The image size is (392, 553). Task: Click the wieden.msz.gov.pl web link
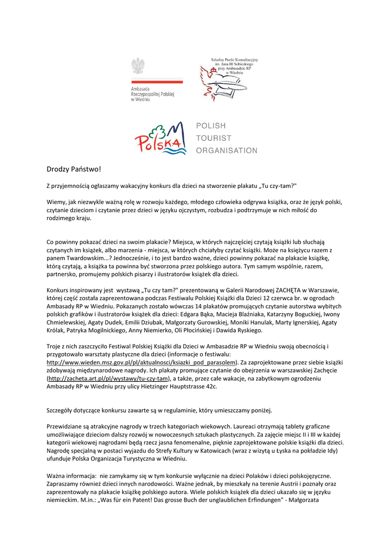point(142,362)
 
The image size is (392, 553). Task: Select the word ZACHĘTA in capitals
point(273,289)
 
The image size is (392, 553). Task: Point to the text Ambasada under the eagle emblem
point(141,89)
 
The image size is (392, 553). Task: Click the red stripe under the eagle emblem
point(157,82)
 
